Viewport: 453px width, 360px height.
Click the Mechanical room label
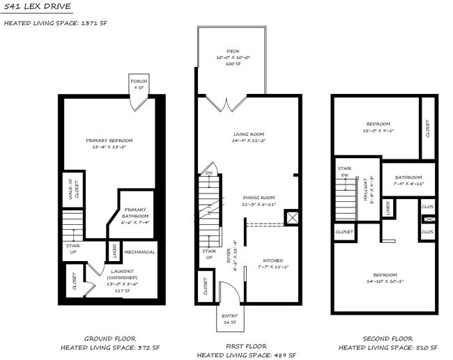coord(139,252)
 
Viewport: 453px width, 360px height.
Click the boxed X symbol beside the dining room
coord(294,218)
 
